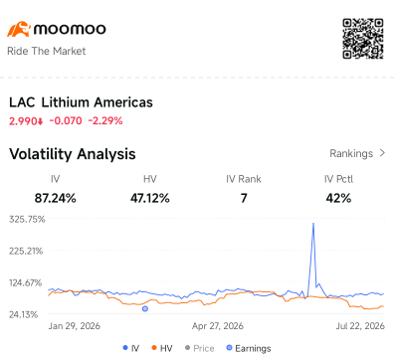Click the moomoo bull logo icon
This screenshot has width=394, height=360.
point(19,29)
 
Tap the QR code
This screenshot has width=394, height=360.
point(363,39)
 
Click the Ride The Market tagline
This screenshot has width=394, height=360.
point(46,51)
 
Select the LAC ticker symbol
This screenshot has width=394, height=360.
point(22,102)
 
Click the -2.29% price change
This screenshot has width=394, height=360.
point(105,121)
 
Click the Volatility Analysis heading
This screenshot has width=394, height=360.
point(73,154)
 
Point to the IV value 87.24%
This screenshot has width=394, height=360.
point(56,198)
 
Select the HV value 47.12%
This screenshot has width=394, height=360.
point(150,198)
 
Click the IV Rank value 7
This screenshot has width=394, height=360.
point(244,198)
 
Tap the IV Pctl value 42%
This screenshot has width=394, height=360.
point(338,198)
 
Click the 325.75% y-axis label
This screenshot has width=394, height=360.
point(27,220)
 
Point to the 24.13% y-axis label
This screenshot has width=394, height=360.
point(24,314)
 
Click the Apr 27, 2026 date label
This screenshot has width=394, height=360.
point(218,326)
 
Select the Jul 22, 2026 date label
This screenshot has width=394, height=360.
point(360,326)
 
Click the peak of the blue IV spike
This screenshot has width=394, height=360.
point(313,224)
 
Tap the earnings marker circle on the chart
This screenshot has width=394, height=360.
point(145,309)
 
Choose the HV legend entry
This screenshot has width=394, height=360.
point(162,348)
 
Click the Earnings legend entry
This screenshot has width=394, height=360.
point(249,348)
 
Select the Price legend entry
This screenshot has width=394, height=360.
point(199,348)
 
